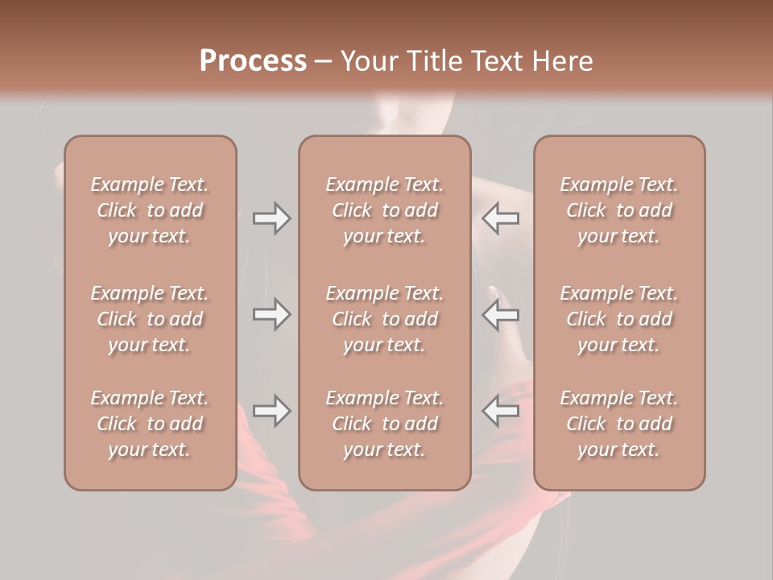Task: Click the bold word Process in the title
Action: pyautogui.click(x=253, y=61)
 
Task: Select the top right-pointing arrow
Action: pyautogui.click(x=271, y=218)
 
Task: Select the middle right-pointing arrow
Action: pyautogui.click(x=271, y=314)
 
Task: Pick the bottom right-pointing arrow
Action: pyautogui.click(x=271, y=411)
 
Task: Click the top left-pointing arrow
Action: pyautogui.click(x=501, y=218)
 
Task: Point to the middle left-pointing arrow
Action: pyautogui.click(x=501, y=314)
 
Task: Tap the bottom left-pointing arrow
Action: pyautogui.click(x=501, y=411)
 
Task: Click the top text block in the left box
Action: pyautogui.click(x=150, y=210)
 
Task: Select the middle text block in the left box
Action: pyautogui.click(x=150, y=319)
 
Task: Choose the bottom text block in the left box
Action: pyautogui.click(x=150, y=424)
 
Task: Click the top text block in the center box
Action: pyautogui.click(x=384, y=210)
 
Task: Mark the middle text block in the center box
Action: pyautogui.click(x=384, y=319)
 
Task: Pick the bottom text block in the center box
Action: pyautogui.click(x=384, y=424)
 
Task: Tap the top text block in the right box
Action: pyautogui.click(x=618, y=210)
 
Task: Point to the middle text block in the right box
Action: pyautogui.click(x=618, y=319)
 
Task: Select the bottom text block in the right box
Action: pyautogui.click(x=618, y=424)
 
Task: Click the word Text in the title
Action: pyautogui.click(x=497, y=61)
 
